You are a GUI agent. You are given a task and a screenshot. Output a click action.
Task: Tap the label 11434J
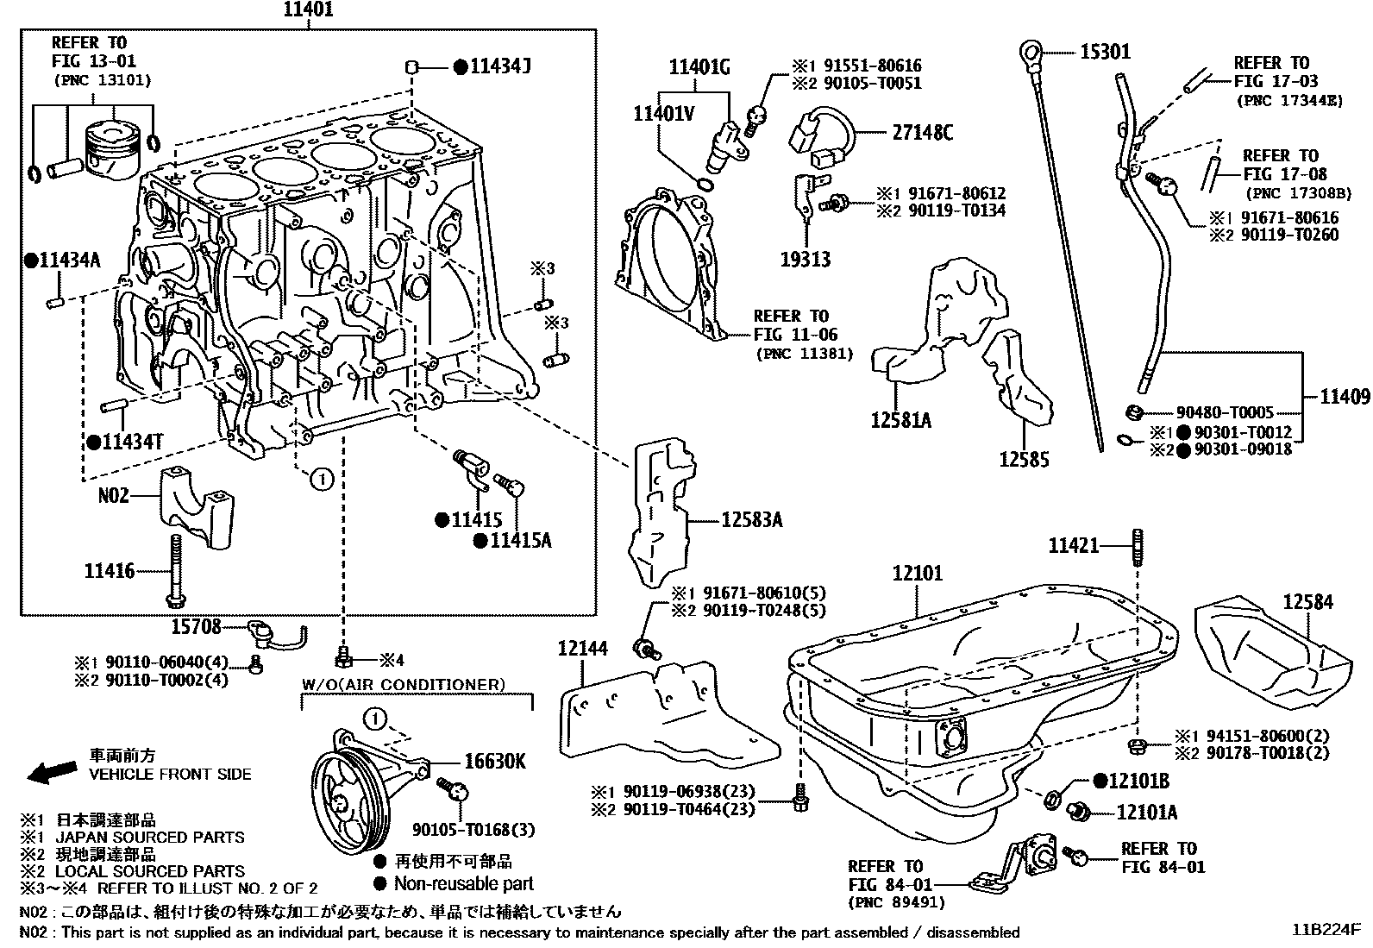499,66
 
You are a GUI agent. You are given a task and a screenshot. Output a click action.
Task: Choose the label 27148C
923,132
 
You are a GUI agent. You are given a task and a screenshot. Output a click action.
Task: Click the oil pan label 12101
918,573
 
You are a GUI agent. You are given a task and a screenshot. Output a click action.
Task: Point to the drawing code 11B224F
1325,931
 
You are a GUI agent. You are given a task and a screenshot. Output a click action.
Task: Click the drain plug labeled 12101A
1078,811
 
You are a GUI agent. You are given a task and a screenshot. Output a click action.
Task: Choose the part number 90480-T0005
1225,413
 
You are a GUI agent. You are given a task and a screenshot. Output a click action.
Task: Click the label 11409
1344,396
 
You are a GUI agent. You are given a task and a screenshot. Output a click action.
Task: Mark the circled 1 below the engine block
321,479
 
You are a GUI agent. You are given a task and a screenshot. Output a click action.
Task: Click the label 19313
806,259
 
